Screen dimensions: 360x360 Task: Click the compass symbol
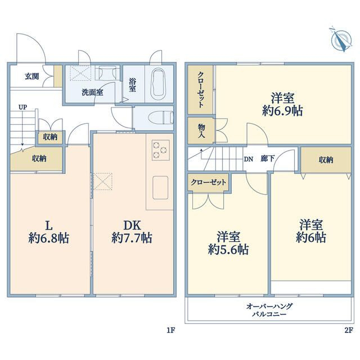(x=341, y=40)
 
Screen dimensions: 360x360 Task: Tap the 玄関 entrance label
(x=32, y=76)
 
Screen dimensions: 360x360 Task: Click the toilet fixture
(x=161, y=118)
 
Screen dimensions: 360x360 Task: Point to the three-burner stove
(x=161, y=150)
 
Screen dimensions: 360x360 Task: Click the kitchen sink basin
(x=160, y=187)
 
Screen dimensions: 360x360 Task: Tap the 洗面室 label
(x=92, y=92)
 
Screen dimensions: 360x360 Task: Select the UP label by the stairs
(x=22, y=107)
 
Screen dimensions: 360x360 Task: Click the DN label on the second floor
(x=249, y=159)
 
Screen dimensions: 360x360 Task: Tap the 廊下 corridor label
(x=268, y=159)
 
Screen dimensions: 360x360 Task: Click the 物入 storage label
(x=201, y=131)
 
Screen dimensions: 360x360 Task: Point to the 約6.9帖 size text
(x=282, y=111)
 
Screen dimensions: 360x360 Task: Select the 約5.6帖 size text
(x=228, y=249)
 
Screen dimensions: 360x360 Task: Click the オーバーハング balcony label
(x=269, y=306)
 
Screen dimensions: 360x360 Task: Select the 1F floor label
(x=171, y=330)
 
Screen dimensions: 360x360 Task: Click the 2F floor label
(x=348, y=330)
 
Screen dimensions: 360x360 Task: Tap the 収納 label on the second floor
(x=326, y=160)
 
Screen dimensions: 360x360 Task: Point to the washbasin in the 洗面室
(x=107, y=73)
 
